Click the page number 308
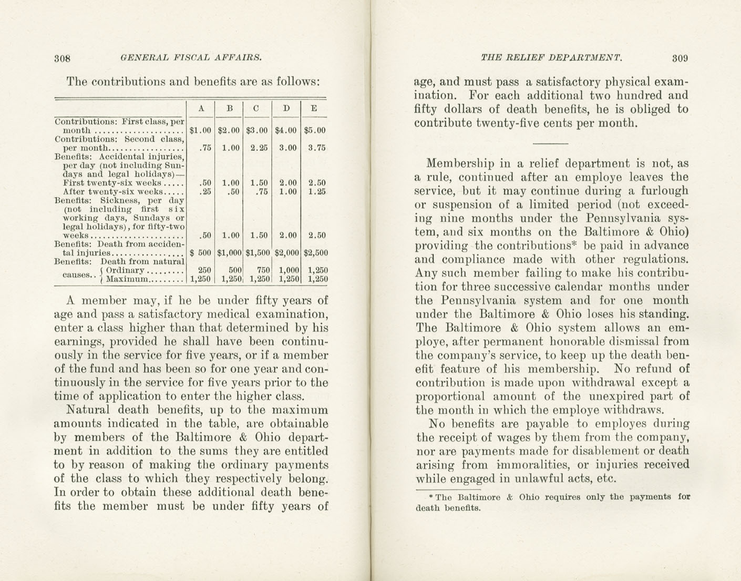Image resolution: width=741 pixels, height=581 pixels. pyautogui.click(x=63, y=58)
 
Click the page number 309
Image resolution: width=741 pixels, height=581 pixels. pyautogui.click(x=680, y=58)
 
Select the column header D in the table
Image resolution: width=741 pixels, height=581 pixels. pyautogui.click(x=286, y=109)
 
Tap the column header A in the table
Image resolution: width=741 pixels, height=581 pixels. pyautogui.click(x=201, y=109)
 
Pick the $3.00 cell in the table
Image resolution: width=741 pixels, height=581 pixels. pyautogui.click(x=257, y=130)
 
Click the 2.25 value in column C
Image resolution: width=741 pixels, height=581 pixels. pyautogui.click(x=259, y=148)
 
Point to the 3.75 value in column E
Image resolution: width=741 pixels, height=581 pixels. pyautogui.click(x=317, y=148)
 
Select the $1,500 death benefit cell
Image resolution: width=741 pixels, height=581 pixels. pyautogui.click(x=258, y=253)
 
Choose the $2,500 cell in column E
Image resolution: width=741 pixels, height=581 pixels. pyautogui.click(x=315, y=253)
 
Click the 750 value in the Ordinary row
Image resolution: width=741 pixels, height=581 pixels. pyautogui.click(x=263, y=270)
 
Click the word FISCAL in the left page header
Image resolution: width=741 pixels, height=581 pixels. pyautogui.click(x=191, y=58)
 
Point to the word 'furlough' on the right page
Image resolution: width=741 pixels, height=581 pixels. pyautogui.click(x=664, y=191)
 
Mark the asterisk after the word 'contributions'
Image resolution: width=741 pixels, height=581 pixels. pyautogui.click(x=574, y=243)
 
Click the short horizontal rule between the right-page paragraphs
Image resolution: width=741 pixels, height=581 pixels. pyautogui.click(x=550, y=144)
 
